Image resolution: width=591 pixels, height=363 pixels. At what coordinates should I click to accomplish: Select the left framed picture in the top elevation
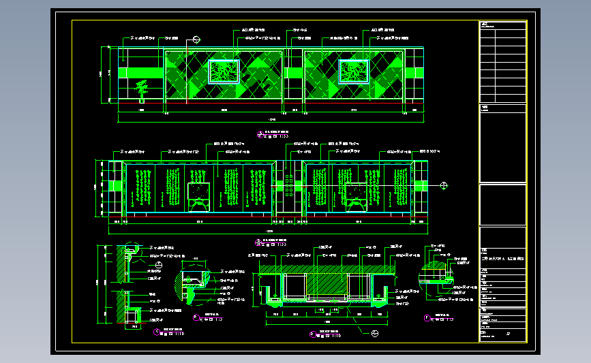223,72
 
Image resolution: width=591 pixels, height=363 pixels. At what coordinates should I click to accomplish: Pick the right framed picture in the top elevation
353,72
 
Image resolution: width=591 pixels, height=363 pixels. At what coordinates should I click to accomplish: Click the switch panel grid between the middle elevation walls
290,185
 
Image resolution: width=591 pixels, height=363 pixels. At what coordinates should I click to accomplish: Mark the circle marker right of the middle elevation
444,185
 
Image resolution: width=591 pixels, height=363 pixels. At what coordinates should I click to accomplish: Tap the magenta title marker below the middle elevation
257,240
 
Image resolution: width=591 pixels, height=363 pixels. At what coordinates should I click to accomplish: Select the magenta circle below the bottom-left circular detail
196,317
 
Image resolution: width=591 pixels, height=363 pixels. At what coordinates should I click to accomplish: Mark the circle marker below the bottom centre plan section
374,333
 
